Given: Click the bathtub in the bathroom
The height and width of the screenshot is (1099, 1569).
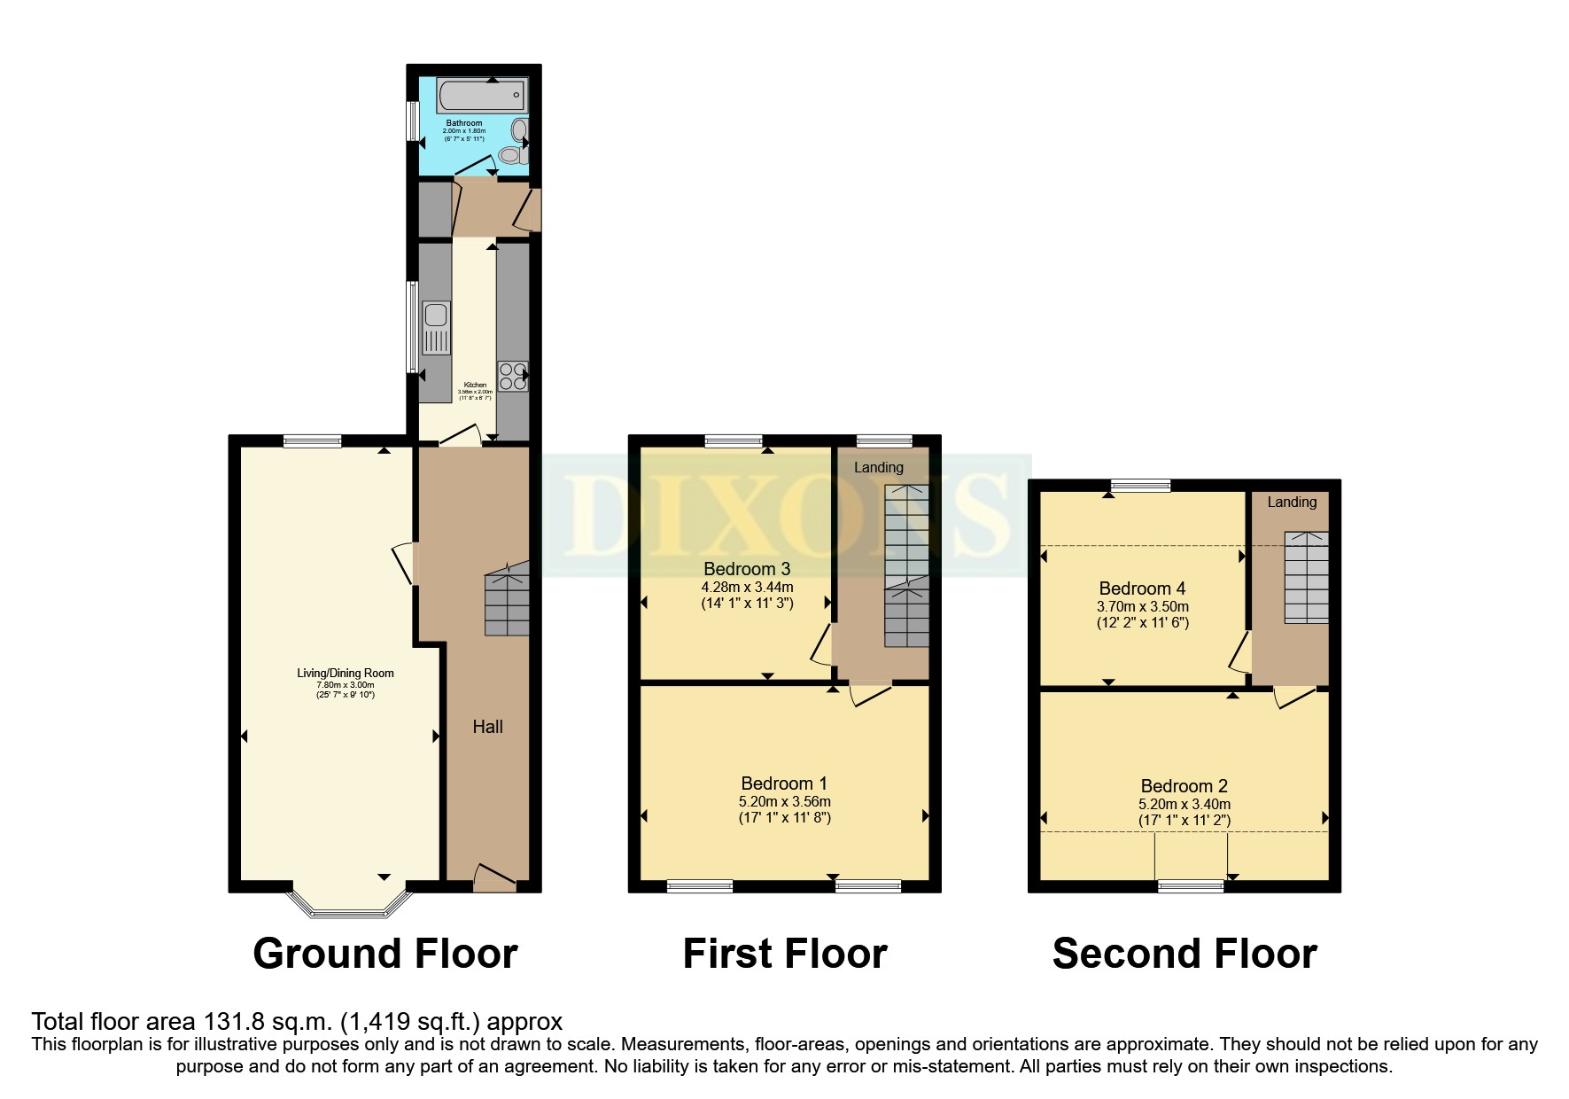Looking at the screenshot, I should [x=481, y=96].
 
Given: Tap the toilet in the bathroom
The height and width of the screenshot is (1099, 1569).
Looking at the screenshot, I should [x=510, y=156].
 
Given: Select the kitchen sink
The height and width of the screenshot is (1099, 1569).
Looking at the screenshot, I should [x=436, y=327].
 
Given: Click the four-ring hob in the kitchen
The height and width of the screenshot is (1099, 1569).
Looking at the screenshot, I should [x=512, y=376].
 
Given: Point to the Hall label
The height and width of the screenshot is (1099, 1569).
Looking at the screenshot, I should [x=487, y=727].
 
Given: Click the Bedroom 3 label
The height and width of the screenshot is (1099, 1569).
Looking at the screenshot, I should [x=746, y=569].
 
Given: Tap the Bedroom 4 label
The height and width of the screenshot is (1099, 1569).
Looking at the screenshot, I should [x=1141, y=588].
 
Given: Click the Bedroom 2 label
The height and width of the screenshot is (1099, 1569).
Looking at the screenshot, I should [x=1184, y=786].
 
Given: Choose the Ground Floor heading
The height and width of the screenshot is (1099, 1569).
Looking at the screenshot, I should [x=384, y=954].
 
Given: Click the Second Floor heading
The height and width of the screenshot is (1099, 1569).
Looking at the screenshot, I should [x=1184, y=954].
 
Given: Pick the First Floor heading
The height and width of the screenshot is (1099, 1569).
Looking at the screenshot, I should [x=784, y=954].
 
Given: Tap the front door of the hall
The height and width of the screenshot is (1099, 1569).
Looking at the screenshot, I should [x=494, y=879].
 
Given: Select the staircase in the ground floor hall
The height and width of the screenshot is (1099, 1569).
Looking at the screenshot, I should [x=507, y=603].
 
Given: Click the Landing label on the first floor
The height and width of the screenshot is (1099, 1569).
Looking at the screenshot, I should [x=878, y=467].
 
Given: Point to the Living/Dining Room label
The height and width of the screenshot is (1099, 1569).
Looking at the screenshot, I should [x=345, y=673].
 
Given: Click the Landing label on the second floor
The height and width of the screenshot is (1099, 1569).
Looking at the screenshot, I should [x=1291, y=502].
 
